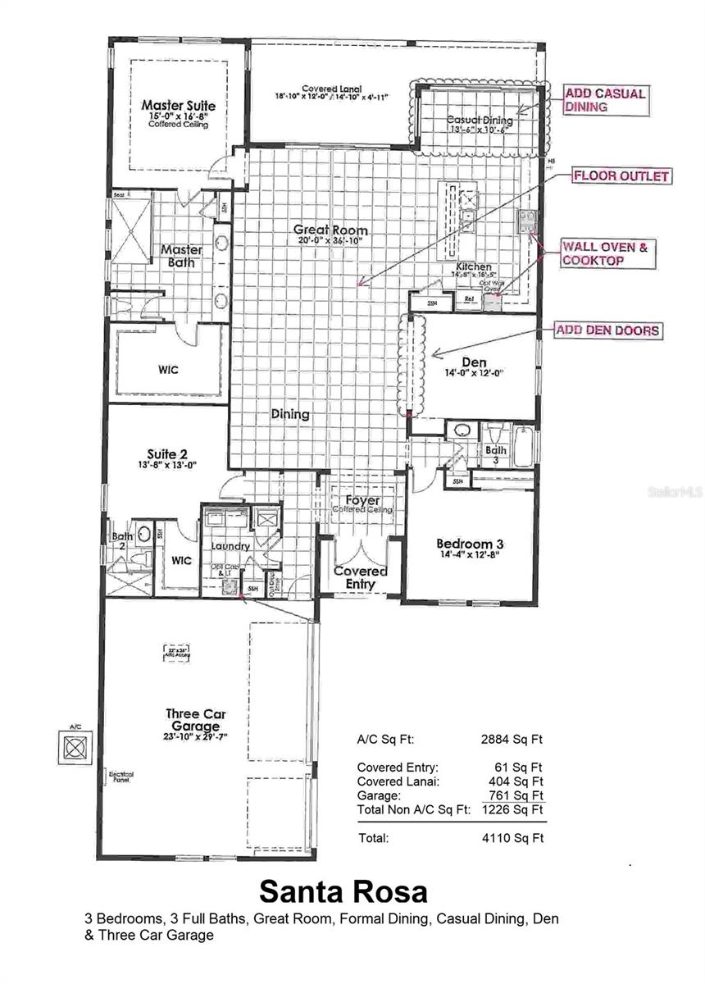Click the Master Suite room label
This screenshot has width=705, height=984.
(x=178, y=106)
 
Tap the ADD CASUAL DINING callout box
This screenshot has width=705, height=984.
(x=604, y=100)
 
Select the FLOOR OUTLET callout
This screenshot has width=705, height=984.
(x=621, y=175)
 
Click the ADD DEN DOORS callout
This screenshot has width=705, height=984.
(x=607, y=330)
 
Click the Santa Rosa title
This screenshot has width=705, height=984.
(x=343, y=891)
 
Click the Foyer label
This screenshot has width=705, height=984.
(x=362, y=500)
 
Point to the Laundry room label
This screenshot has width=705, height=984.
(x=230, y=546)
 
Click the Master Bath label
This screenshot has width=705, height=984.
(x=176, y=256)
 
